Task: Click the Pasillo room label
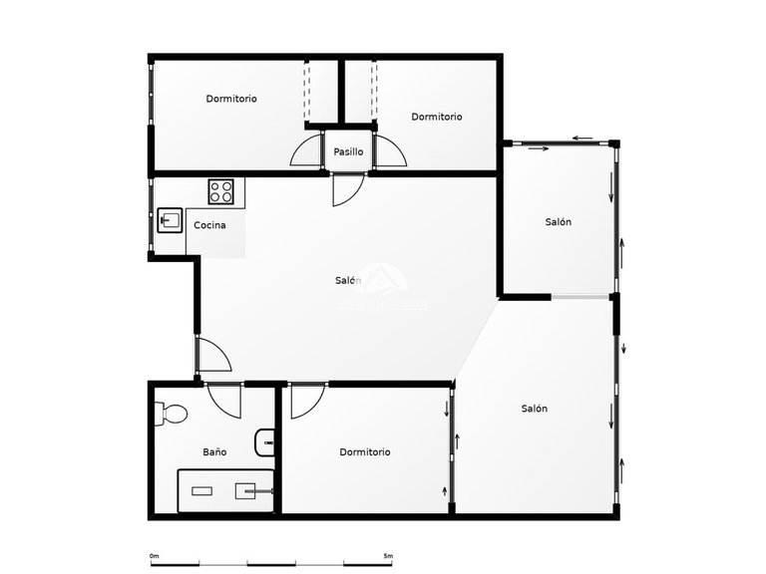(x=348, y=151)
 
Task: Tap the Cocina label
(x=209, y=225)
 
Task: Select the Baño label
(x=214, y=452)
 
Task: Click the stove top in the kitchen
(x=221, y=189)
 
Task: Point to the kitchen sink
(x=169, y=219)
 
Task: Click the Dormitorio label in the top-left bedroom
(x=231, y=99)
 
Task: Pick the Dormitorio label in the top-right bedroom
(x=436, y=117)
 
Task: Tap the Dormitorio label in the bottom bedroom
(x=364, y=452)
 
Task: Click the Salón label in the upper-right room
(x=558, y=222)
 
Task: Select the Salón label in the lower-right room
(x=534, y=409)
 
